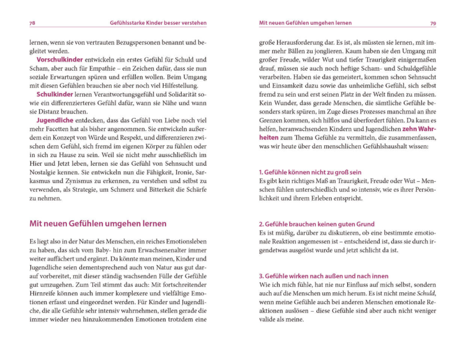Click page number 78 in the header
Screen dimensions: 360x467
32,23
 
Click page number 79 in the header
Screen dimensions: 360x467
433,23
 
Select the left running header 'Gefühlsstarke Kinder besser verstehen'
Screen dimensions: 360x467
158,23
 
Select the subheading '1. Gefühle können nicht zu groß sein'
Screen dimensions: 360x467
310,171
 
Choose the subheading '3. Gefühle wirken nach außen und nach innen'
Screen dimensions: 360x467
324,276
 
